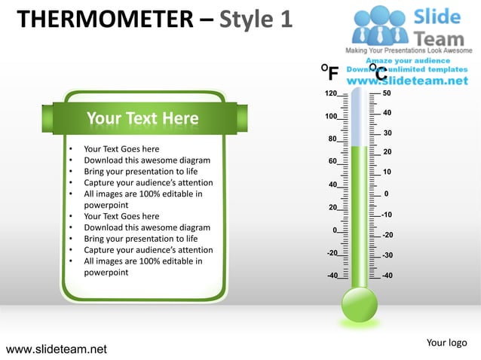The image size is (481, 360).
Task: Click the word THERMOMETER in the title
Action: tap(106, 19)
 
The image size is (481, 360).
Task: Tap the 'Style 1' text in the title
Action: tap(255, 19)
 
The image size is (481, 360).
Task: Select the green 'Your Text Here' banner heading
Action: tap(142, 118)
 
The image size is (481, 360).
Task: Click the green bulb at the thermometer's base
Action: tap(360, 304)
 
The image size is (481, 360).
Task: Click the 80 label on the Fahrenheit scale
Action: tap(332, 139)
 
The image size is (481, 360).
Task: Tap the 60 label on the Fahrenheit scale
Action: tap(332, 161)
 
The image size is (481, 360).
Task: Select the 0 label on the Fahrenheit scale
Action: tap(335, 230)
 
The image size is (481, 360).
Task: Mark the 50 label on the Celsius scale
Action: tap(387, 93)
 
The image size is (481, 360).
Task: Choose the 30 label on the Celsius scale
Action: tap(388, 133)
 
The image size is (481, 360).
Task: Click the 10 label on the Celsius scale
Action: tap(388, 172)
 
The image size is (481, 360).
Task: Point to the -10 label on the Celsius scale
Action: tap(387, 215)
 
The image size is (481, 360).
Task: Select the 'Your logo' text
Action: tap(446, 343)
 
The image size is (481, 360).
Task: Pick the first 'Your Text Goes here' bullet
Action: tap(121, 149)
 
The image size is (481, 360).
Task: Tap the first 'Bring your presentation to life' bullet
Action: tap(140, 172)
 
